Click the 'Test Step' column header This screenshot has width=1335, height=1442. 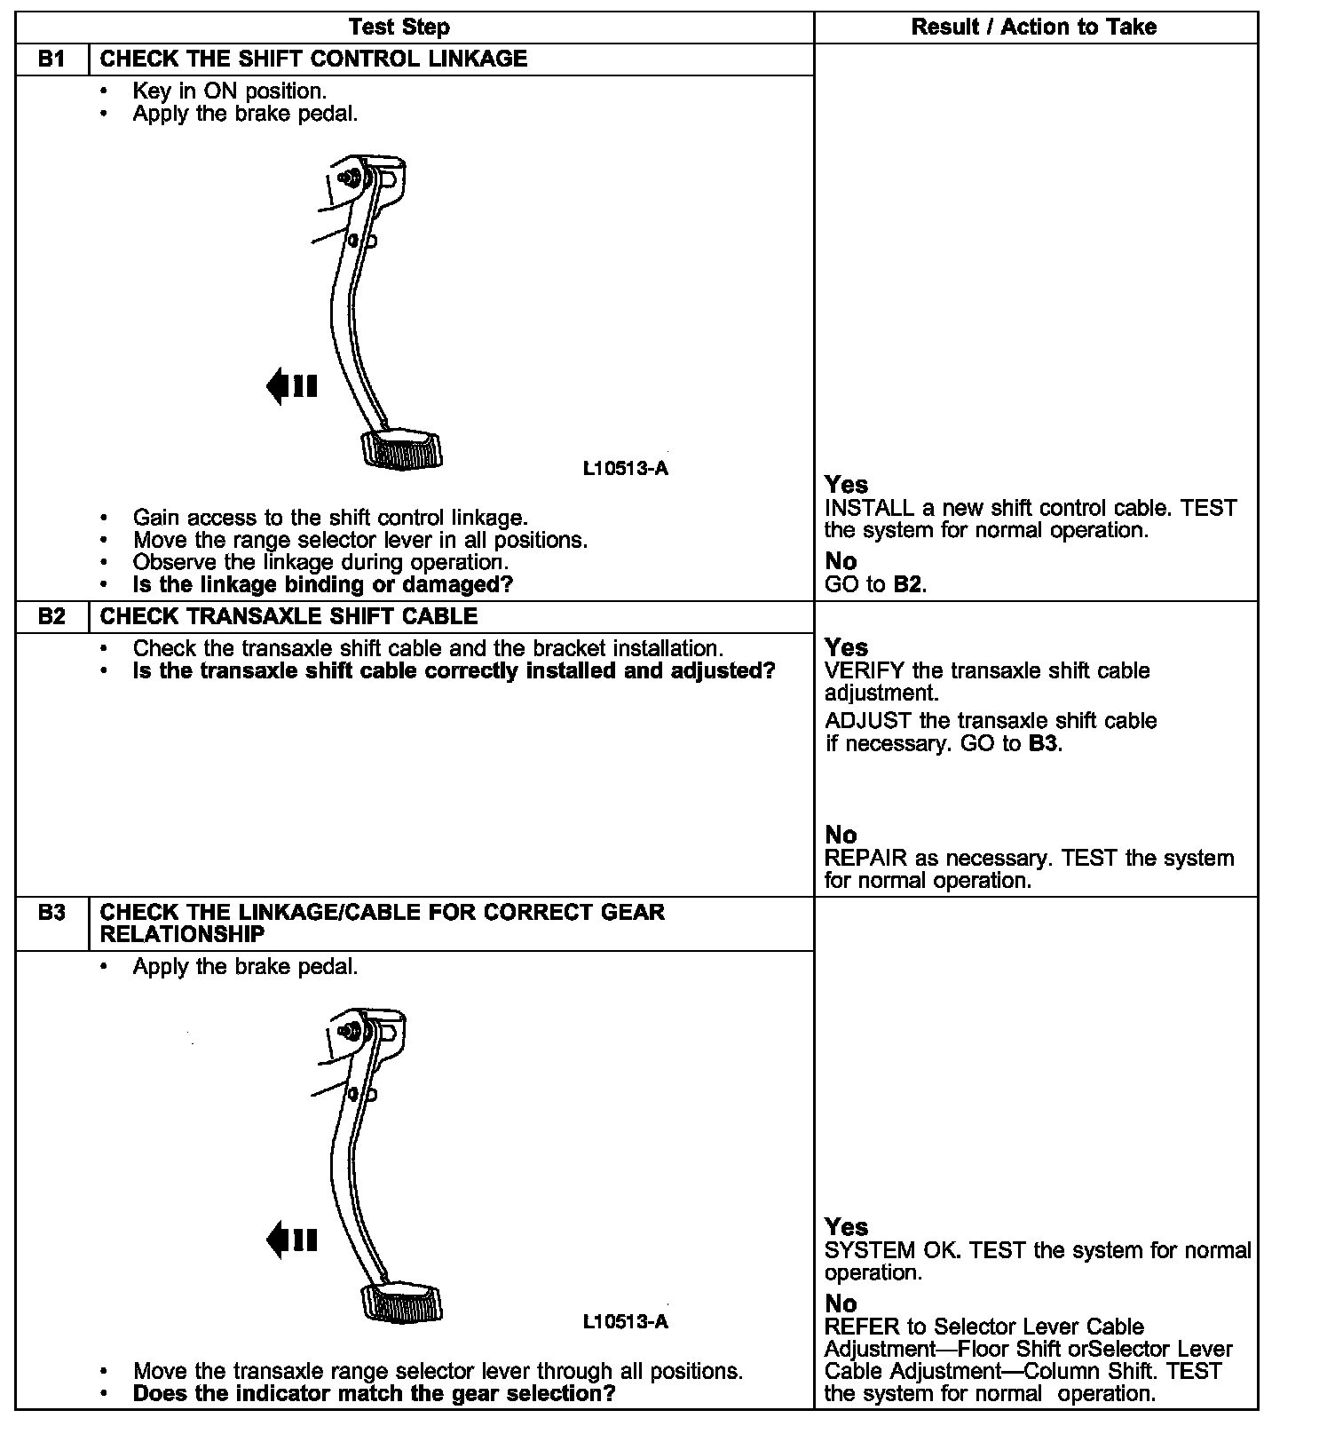pos(399,28)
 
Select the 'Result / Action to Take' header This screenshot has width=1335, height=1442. pos(1034,28)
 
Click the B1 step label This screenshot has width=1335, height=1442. pos(51,59)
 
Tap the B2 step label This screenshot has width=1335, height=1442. pos(51,617)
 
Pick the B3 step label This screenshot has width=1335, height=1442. pos(51,913)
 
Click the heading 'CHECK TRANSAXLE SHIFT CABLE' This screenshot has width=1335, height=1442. pos(288,617)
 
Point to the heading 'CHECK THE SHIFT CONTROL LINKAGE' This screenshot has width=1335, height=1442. pos(313,59)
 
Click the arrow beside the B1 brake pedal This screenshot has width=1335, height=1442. pos(291,386)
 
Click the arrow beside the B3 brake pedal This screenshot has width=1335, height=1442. pos(291,1240)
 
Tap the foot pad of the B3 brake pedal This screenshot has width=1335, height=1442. pos(402,1302)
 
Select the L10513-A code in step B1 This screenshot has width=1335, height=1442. pos(625,469)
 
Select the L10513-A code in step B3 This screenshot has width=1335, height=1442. pos(625,1322)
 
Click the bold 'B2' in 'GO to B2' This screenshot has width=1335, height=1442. pos(908,585)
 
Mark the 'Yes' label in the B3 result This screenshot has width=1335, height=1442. pos(846,1227)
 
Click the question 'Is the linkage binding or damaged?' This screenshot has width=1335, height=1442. pos(323,585)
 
